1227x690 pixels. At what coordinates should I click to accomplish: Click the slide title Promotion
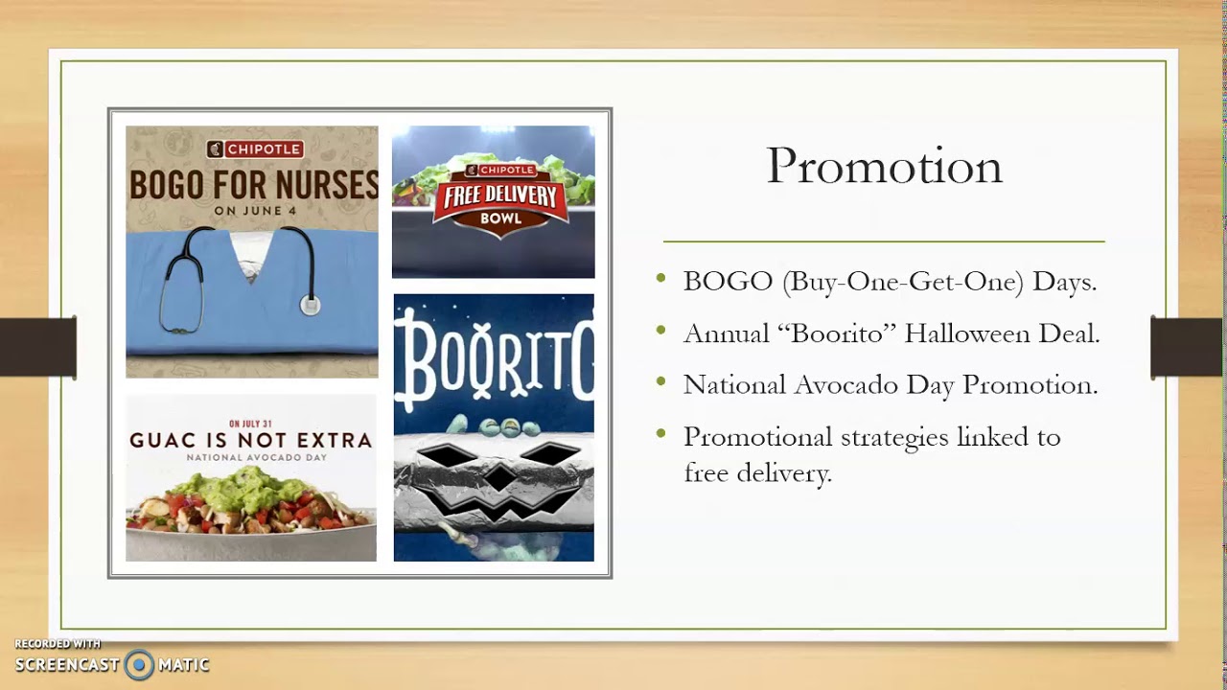884,167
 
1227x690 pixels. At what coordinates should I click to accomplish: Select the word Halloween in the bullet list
966,333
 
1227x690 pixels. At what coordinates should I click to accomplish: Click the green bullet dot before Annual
660,331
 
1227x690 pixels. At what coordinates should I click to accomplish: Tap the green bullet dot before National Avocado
660,382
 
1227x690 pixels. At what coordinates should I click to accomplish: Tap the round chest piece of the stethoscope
309,306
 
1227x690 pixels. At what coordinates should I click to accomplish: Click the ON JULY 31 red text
251,423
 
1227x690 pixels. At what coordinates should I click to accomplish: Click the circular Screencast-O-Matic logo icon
139,664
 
